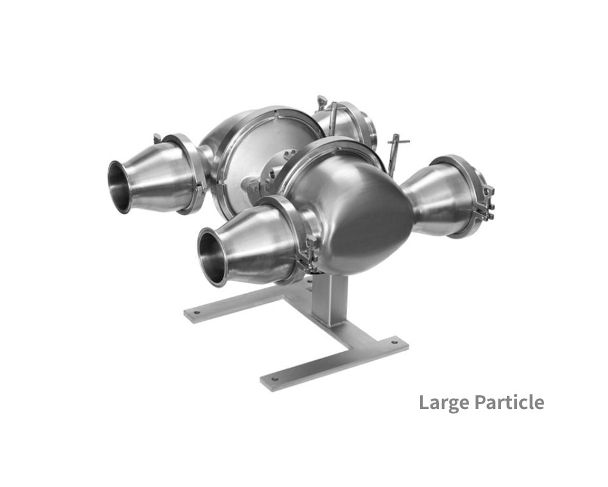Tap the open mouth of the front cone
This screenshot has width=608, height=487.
(212, 256)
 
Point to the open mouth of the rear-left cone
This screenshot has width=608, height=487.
(120, 186)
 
